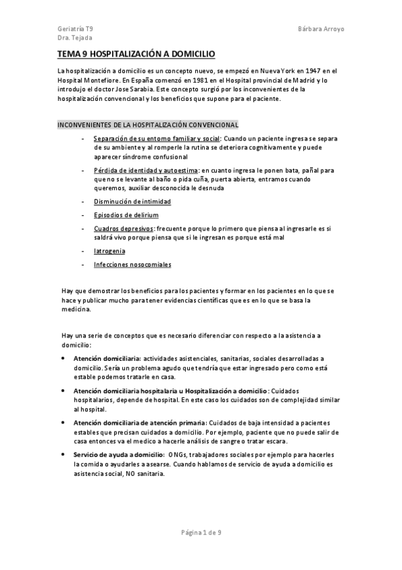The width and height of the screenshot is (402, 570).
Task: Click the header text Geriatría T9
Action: click(75, 30)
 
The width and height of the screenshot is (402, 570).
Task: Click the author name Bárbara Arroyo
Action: click(320, 30)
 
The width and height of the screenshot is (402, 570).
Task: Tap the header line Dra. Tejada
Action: click(73, 39)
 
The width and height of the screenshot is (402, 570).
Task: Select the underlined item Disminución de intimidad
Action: click(132, 202)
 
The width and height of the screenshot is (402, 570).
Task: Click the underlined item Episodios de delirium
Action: click(127, 215)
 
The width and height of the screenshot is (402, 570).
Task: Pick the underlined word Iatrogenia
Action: click(109, 251)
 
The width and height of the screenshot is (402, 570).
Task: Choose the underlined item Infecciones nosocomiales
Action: click(133, 265)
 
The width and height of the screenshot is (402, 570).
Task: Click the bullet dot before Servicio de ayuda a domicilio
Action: click(63, 455)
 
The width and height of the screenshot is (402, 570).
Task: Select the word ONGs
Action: click(179, 455)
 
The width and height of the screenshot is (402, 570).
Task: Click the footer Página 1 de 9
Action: click(201, 533)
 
